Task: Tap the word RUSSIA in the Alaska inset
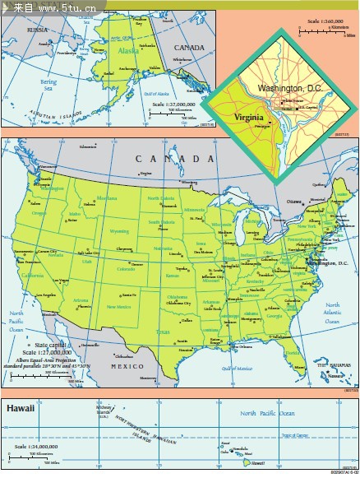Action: pyautogui.click(x=37, y=30)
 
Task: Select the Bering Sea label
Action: pyautogui.click(x=49, y=85)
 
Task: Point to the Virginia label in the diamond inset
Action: pyautogui.click(x=249, y=117)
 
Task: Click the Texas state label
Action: pyautogui.click(x=163, y=332)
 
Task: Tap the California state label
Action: pyautogui.click(x=33, y=275)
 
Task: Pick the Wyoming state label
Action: pyautogui.click(x=119, y=231)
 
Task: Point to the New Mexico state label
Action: pyautogui.click(x=118, y=306)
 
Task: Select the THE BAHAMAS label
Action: pyautogui.click(x=334, y=364)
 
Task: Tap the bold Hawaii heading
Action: pyautogui.click(x=22, y=407)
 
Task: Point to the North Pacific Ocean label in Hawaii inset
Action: pyautogui.click(x=267, y=413)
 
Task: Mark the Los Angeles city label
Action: pyautogui.click(x=45, y=295)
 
